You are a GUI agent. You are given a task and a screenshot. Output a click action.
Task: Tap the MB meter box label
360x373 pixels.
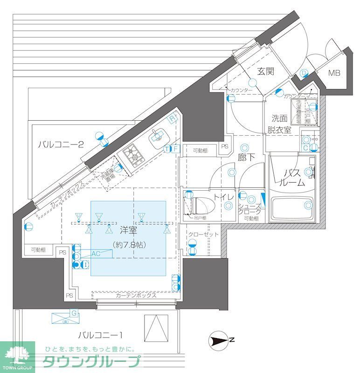333,73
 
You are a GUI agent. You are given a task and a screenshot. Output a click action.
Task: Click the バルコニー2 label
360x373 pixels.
61,145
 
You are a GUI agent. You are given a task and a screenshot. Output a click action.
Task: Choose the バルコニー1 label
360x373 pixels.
100,334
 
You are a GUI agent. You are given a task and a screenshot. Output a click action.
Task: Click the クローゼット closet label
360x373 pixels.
200,234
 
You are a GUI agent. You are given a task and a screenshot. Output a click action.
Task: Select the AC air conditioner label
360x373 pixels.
96,254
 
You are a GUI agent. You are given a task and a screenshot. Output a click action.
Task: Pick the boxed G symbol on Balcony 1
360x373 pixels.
73,312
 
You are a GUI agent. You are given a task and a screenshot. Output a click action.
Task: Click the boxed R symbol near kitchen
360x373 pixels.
172,117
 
